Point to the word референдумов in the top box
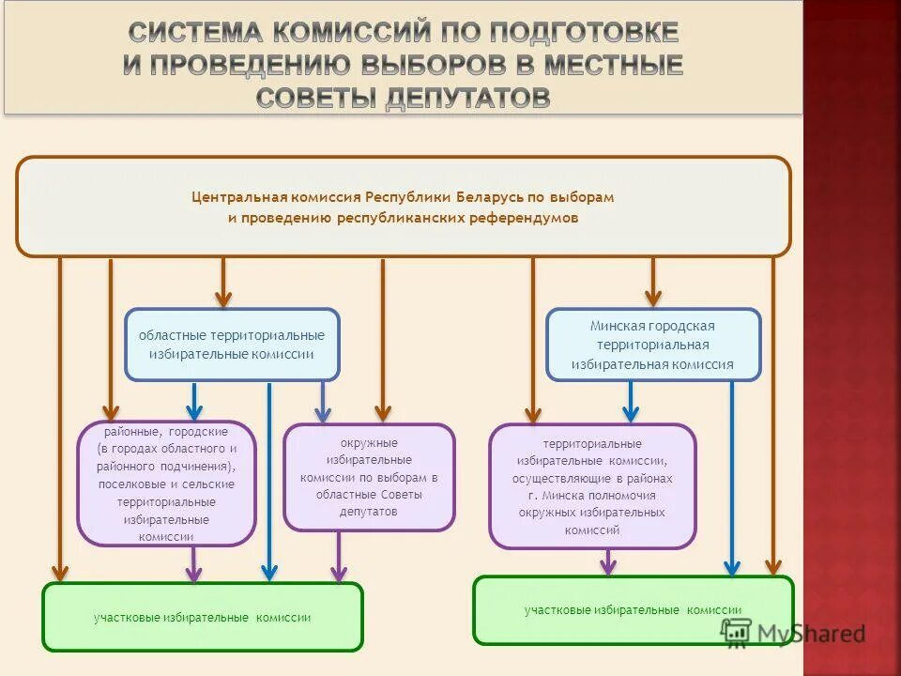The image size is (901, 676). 525,218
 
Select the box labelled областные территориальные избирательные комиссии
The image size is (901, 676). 232,345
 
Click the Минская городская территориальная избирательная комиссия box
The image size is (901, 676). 653,345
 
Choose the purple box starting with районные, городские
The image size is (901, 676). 166,484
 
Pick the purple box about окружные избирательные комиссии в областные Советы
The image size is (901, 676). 369,477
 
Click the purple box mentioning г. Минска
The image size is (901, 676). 592,485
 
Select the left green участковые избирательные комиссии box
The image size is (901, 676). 202,617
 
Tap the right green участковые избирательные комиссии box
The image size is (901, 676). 633,610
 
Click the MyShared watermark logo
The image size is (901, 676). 793,633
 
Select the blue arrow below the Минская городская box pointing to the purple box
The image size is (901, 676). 631,401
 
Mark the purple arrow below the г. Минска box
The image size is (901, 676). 608,561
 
